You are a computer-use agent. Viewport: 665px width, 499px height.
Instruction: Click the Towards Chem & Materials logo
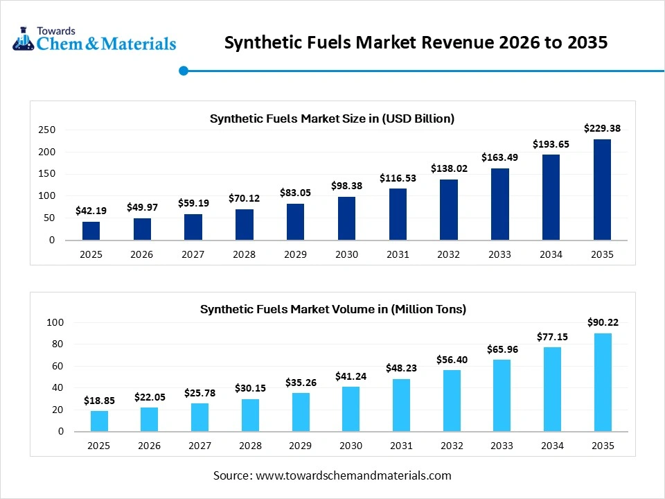[94, 39]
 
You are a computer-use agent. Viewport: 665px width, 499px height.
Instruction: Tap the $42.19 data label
[91, 211]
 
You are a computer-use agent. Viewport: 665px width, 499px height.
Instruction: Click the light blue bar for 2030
[351, 409]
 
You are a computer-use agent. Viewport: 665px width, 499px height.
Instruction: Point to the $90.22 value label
[602, 322]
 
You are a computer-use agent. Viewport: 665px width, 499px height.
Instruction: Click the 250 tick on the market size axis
[46, 130]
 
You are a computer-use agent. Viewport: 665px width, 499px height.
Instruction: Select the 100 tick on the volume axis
[55, 322]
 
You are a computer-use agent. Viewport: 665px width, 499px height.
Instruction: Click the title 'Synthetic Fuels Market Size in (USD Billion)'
[332, 119]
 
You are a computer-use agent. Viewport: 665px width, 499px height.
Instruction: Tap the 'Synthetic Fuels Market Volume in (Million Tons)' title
[332, 309]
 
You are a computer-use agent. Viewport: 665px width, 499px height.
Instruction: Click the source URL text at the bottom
[332, 475]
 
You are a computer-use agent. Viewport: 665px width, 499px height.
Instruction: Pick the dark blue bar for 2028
[244, 225]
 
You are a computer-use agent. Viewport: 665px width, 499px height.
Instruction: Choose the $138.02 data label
[448, 168]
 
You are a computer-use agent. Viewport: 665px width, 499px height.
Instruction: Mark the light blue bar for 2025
[99, 421]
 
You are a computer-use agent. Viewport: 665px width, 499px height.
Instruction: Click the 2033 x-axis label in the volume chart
[502, 446]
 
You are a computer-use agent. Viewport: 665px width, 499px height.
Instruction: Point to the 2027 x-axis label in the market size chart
[193, 254]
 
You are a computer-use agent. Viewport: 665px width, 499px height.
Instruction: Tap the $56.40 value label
[451, 359]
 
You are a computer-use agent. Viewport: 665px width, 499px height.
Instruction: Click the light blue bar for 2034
[552, 389]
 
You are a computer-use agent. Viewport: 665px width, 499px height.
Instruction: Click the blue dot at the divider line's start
[184, 70]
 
